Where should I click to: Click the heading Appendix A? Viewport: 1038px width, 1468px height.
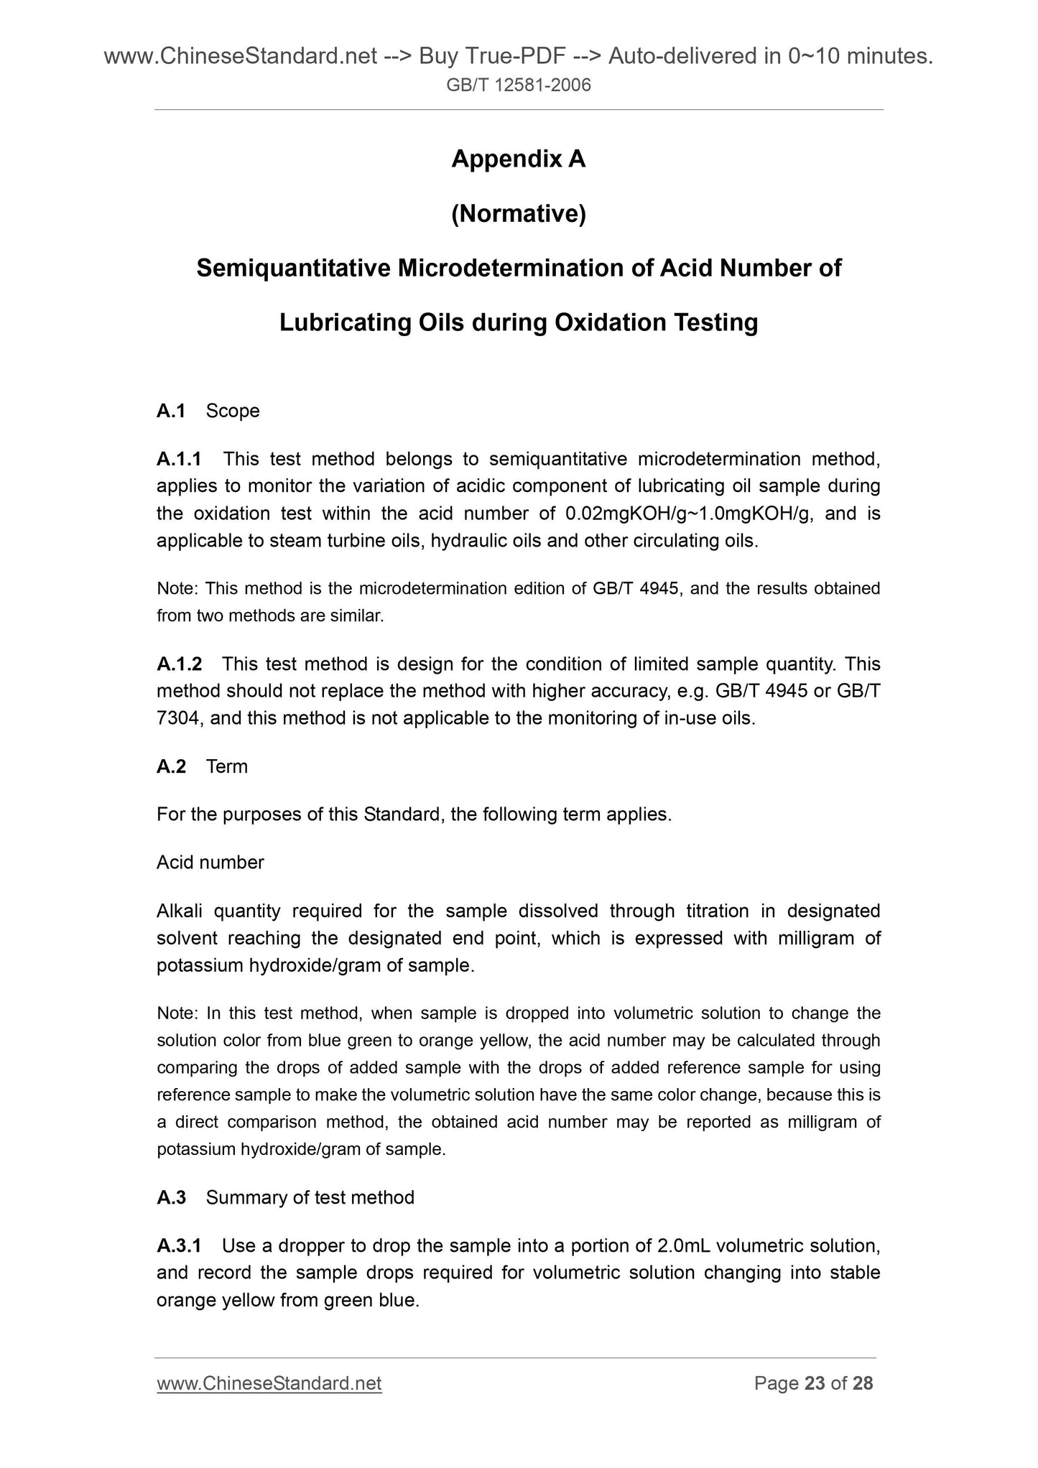pos(518,159)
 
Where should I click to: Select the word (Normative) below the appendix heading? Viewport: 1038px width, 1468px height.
pos(518,214)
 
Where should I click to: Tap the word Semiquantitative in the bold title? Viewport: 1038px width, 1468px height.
pos(294,269)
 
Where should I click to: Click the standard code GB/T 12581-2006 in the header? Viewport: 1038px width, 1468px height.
pos(519,86)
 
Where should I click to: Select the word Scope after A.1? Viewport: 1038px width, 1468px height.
pos(233,411)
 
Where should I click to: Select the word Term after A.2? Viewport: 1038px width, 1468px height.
pos(227,767)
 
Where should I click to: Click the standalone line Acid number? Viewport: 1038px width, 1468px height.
pos(210,863)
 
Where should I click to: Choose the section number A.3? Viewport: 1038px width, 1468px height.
pos(171,1197)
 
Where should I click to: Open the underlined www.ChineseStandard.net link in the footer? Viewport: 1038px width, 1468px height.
pos(269,1383)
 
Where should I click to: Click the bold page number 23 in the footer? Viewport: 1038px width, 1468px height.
pos(815,1383)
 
